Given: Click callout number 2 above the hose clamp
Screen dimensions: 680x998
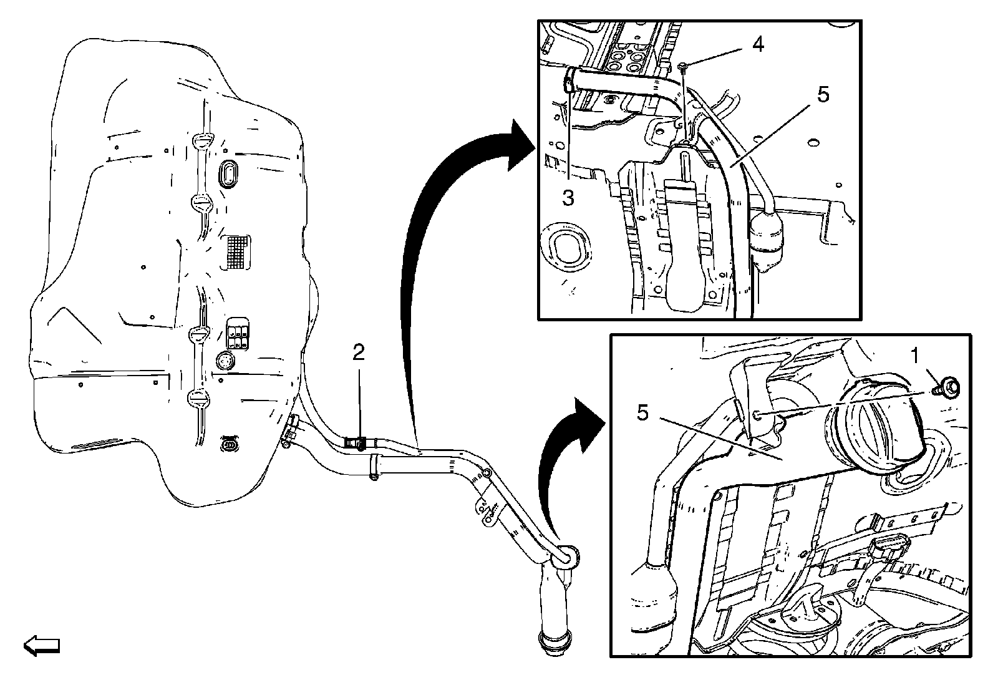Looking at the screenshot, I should tap(358, 353).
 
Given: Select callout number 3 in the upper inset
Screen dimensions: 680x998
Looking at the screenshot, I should tap(568, 198).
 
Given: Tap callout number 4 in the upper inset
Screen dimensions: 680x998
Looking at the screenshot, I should tap(757, 45).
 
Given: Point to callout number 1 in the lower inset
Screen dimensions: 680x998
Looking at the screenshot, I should tap(914, 357).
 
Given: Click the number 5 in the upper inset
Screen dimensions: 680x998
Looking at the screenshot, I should tap(823, 95).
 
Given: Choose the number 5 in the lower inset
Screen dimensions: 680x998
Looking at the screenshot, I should tap(643, 412).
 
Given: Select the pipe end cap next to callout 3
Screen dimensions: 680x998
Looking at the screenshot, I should tap(570, 80).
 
